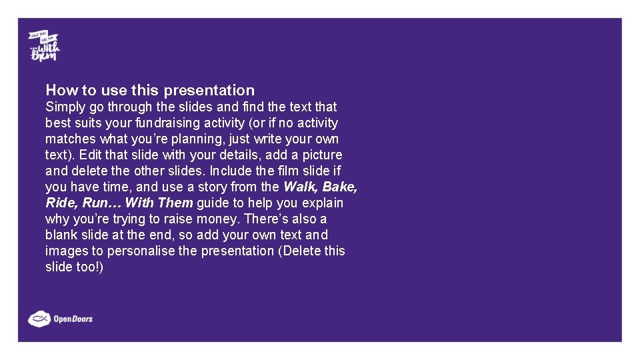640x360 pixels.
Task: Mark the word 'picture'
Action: pyautogui.click(x=322, y=155)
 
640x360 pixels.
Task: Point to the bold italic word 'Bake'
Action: pyautogui.click(x=340, y=187)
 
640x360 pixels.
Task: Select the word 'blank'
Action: pyautogui.click(x=61, y=235)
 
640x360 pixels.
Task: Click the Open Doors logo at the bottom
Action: pyautogui.click(x=61, y=319)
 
